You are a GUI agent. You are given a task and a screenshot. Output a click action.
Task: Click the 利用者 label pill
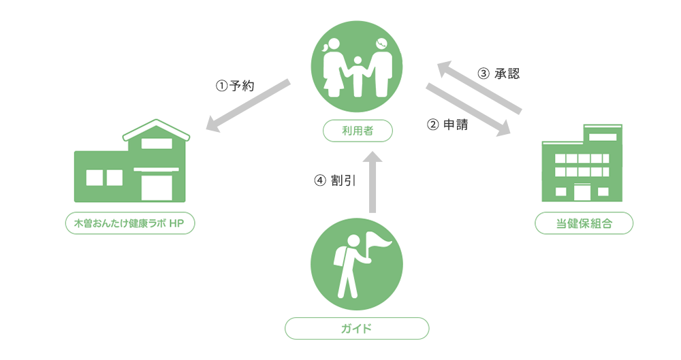(358, 131)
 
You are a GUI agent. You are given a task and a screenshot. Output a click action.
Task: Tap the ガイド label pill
(357, 328)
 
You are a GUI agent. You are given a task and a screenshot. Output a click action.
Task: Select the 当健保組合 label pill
(584, 223)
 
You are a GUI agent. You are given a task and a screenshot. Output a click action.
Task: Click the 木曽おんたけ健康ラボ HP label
(130, 223)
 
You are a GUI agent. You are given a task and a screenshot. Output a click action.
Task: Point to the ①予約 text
(235, 86)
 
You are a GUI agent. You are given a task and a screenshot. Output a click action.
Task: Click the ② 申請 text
(448, 125)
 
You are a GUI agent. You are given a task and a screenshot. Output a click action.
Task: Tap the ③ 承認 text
(498, 73)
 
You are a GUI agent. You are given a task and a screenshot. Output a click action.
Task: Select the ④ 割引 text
(335, 180)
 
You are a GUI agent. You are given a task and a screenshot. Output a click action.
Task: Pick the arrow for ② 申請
(469, 110)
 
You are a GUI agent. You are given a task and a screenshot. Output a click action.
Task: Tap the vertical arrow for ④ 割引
(373, 182)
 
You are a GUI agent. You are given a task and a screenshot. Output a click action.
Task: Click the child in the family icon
(358, 76)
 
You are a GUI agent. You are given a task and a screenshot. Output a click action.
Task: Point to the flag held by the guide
(379, 242)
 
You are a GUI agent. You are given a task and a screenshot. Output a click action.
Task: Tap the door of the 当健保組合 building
(582, 193)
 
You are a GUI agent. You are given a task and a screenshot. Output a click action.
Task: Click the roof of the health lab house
(157, 130)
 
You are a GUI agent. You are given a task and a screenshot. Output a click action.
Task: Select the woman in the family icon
(333, 68)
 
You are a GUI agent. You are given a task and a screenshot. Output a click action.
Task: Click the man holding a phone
(381, 68)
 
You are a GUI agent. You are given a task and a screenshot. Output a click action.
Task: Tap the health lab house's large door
(157, 187)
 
